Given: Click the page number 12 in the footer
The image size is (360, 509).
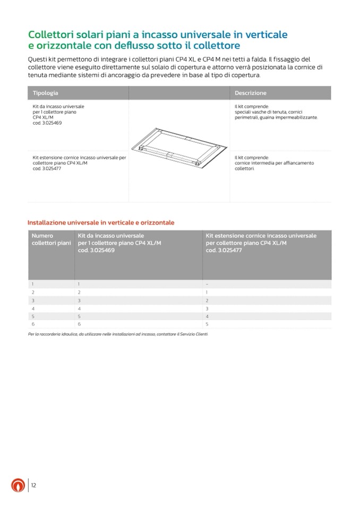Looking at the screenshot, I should (x=33, y=485).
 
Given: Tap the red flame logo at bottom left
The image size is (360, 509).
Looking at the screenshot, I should (x=18, y=485).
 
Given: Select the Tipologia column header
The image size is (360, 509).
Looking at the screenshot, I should (x=46, y=93).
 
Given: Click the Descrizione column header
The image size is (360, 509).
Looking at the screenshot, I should (x=251, y=93).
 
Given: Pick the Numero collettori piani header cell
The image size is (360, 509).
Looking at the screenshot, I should (x=51, y=239).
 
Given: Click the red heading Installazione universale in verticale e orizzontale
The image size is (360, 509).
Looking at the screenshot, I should (x=101, y=222).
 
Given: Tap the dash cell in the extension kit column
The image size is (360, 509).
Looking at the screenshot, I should (x=207, y=284).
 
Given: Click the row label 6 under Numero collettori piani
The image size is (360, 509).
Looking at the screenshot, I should (x=33, y=324).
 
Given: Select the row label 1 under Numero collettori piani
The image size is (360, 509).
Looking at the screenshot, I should (x=33, y=284).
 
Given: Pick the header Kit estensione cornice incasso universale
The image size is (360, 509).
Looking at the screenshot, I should (x=261, y=235).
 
